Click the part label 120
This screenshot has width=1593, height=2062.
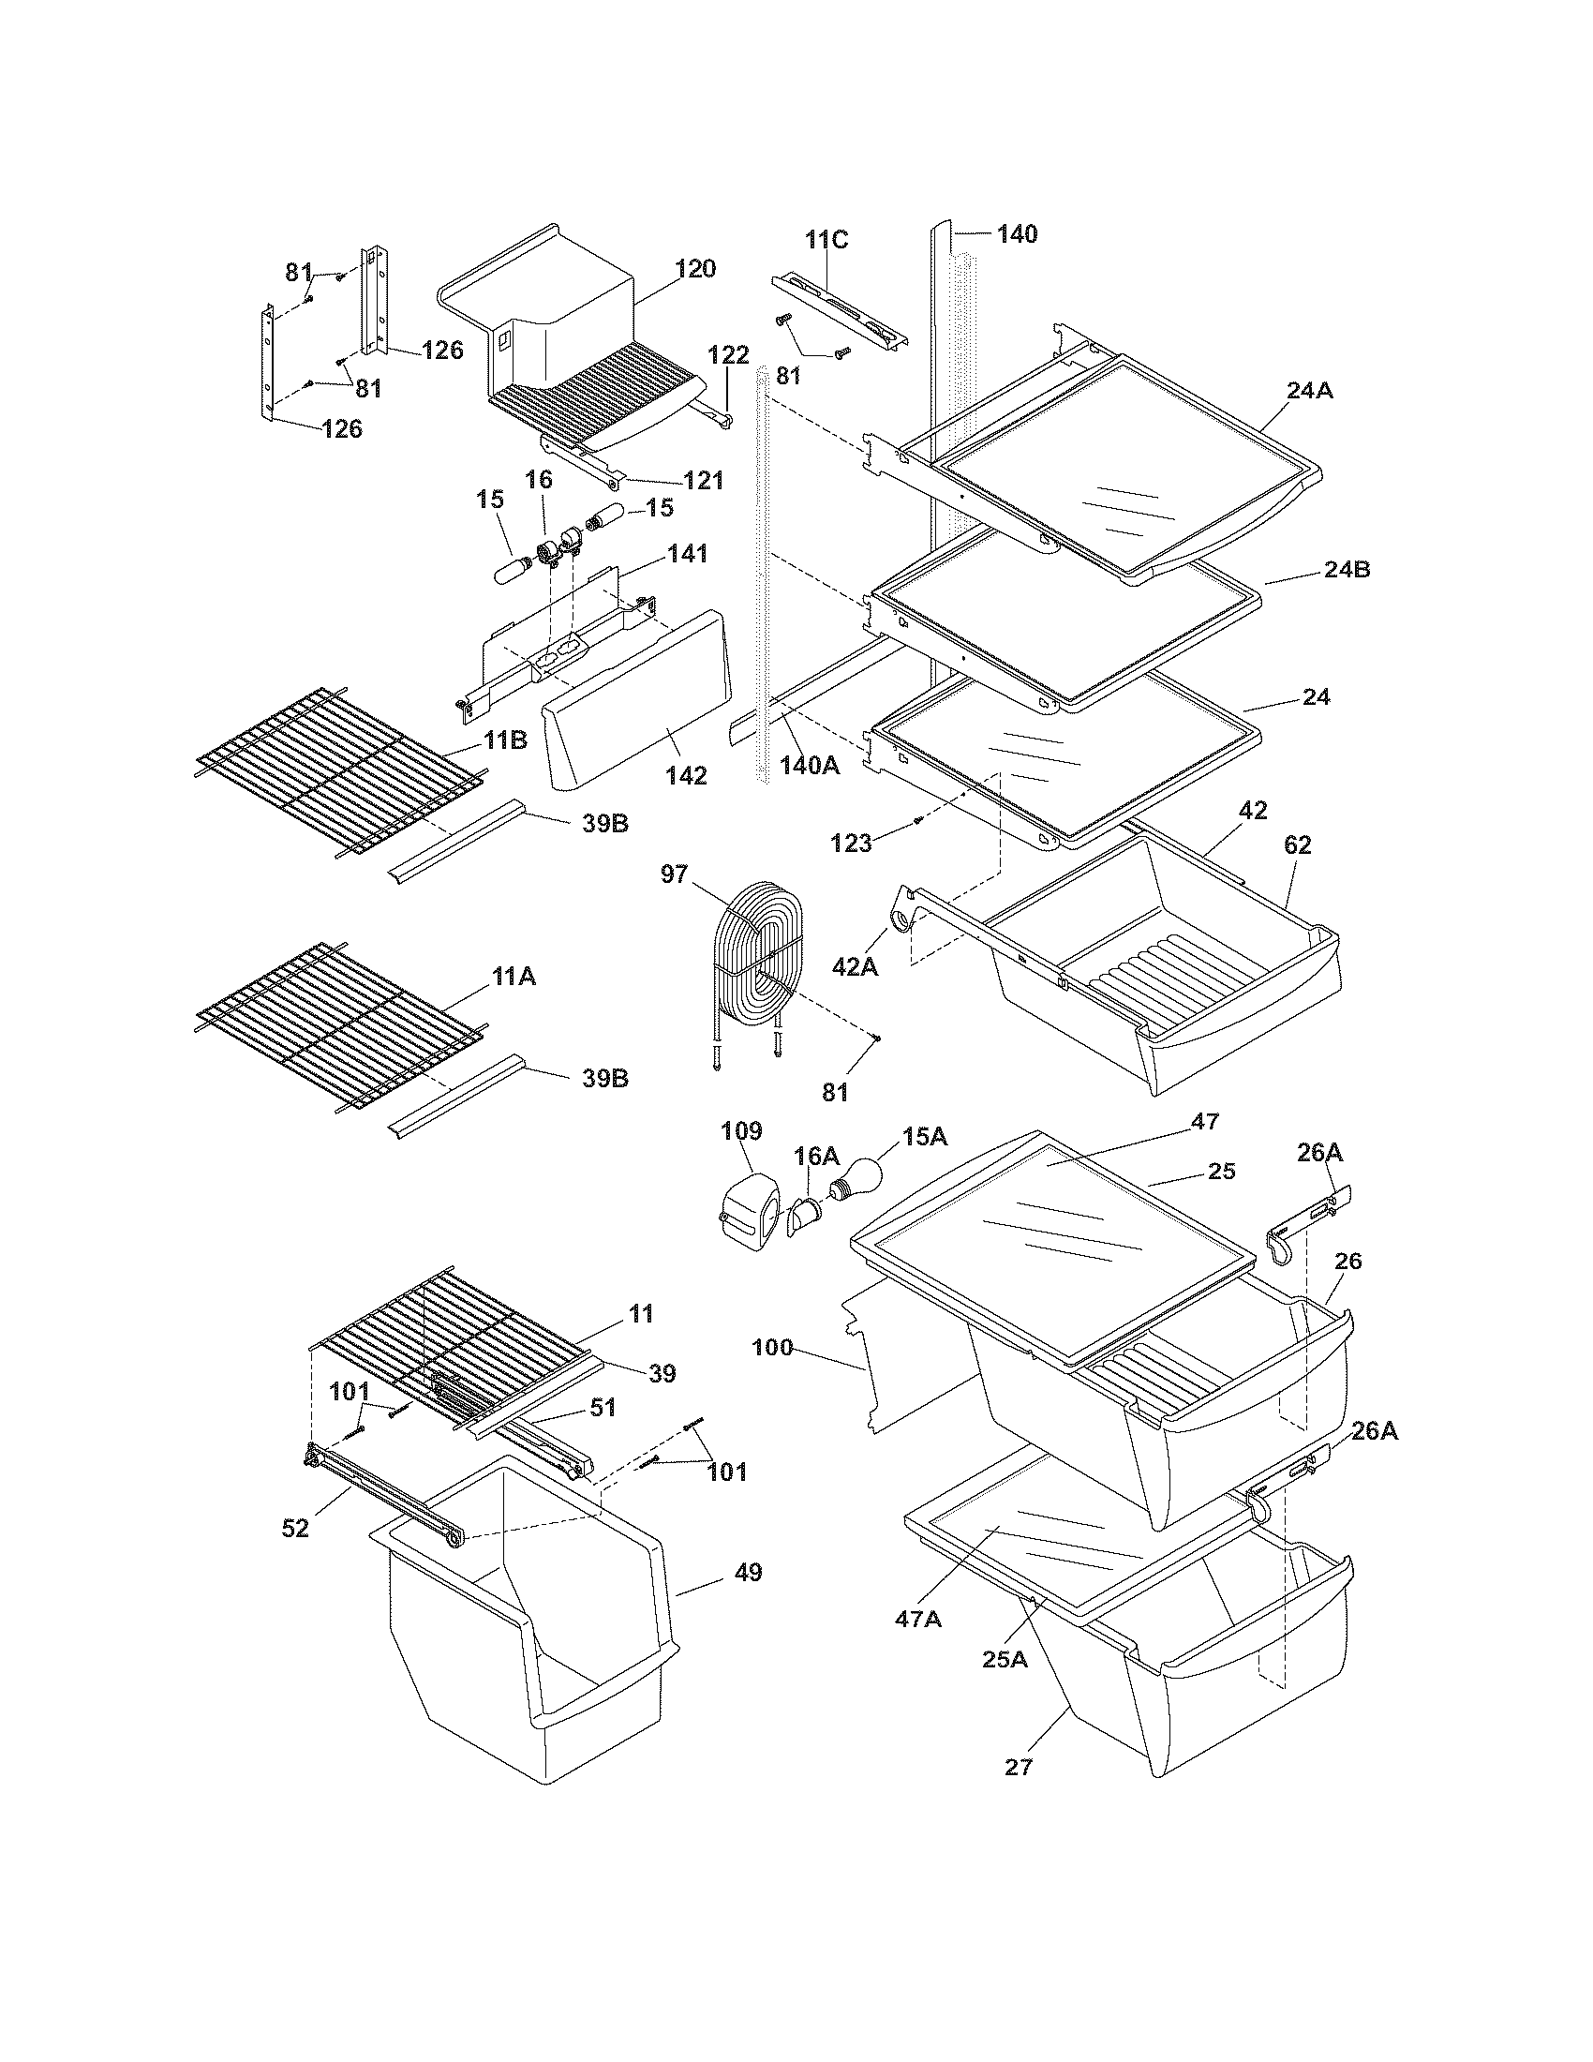coord(695,268)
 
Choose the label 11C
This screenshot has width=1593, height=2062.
coord(826,240)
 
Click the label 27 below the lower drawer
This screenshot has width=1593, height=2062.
coord(1020,1768)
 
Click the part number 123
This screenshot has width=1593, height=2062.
coord(851,844)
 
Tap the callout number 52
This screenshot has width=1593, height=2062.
coord(295,1528)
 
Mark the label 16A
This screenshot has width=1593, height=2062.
coord(817,1156)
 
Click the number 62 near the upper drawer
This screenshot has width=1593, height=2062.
coord(1298,845)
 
